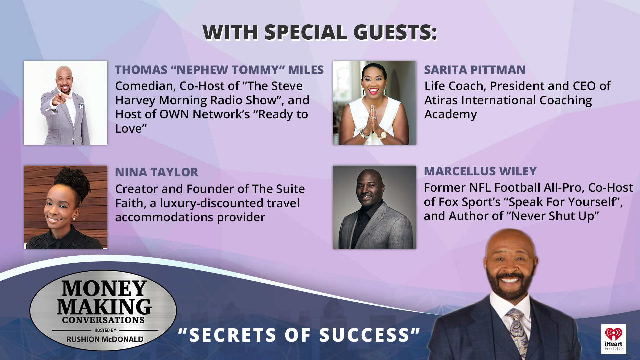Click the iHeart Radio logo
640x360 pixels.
click(614, 339)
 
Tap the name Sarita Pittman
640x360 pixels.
click(475, 70)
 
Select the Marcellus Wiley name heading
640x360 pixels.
click(480, 171)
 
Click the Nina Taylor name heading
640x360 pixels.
click(156, 172)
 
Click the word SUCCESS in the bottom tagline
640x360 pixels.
click(364, 335)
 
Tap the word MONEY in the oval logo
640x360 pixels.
click(104, 288)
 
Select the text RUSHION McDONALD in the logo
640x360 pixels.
click(105, 339)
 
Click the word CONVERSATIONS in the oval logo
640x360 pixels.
click(103, 320)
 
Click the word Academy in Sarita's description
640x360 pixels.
click(450, 114)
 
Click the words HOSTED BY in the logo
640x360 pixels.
click(105, 330)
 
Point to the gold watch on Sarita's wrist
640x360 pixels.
click(382, 135)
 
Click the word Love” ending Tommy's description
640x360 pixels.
click(131, 129)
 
